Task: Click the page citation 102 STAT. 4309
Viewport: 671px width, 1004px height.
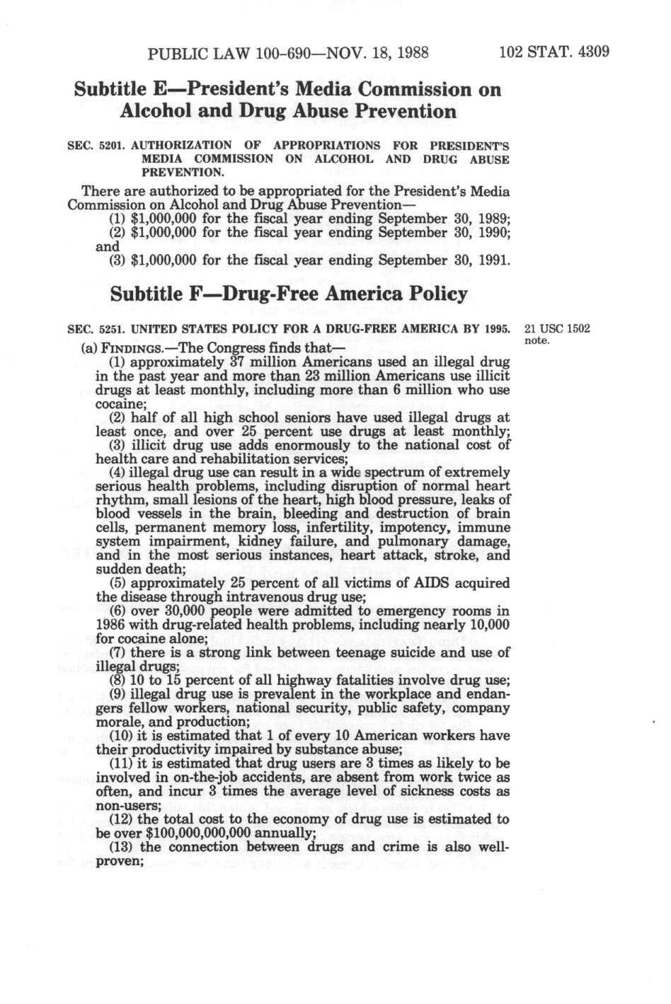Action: [x=553, y=53]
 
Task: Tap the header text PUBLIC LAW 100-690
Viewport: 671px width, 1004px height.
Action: [x=229, y=53]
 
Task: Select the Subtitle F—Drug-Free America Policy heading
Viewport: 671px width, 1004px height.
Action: [x=289, y=294]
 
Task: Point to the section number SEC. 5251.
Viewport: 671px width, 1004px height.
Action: [x=96, y=329]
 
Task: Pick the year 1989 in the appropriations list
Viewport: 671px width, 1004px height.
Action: [x=492, y=219]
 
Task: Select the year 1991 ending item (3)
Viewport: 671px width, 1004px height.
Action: [x=492, y=260]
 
